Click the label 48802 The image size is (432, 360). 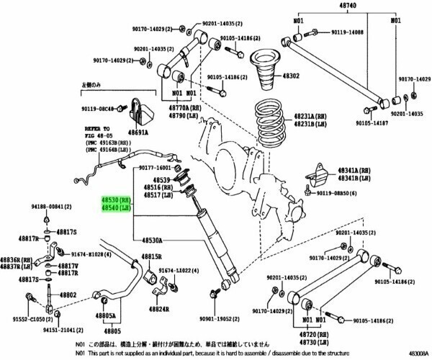click(69, 294)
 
